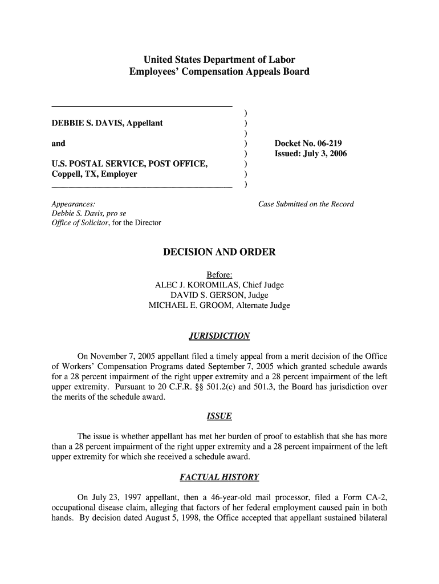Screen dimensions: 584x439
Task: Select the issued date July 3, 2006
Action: click(x=325, y=154)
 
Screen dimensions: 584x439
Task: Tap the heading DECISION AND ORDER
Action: click(x=219, y=252)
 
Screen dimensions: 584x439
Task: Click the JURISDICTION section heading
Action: click(x=219, y=335)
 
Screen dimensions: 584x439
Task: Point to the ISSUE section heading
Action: click(x=219, y=416)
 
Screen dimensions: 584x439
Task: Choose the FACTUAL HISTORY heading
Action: click(x=219, y=476)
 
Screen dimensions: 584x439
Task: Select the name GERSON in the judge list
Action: click(x=219, y=295)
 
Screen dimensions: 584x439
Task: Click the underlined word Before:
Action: click(x=219, y=275)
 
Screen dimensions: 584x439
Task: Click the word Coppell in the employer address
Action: click(x=66, y=175)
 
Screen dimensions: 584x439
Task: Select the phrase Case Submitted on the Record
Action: click(x=306, y=204)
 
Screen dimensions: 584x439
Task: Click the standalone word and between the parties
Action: click(x=58, y=143)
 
